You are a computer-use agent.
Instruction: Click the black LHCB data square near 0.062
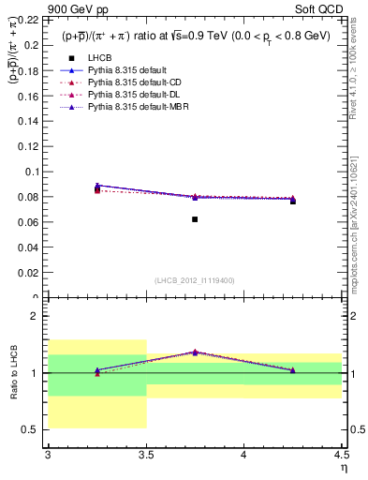click(x=195, y=219)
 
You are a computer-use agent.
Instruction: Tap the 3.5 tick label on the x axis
click(x=146, y=456)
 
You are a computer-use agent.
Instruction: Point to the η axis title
click(x=343, y=468)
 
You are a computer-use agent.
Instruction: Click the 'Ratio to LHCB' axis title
click(x=13, y=375)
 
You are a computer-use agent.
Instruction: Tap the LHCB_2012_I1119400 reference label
click(x=195, y=280)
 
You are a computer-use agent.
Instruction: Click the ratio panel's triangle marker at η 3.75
click(x=195, y=352)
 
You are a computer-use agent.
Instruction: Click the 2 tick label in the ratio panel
click(x=37, y=317)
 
